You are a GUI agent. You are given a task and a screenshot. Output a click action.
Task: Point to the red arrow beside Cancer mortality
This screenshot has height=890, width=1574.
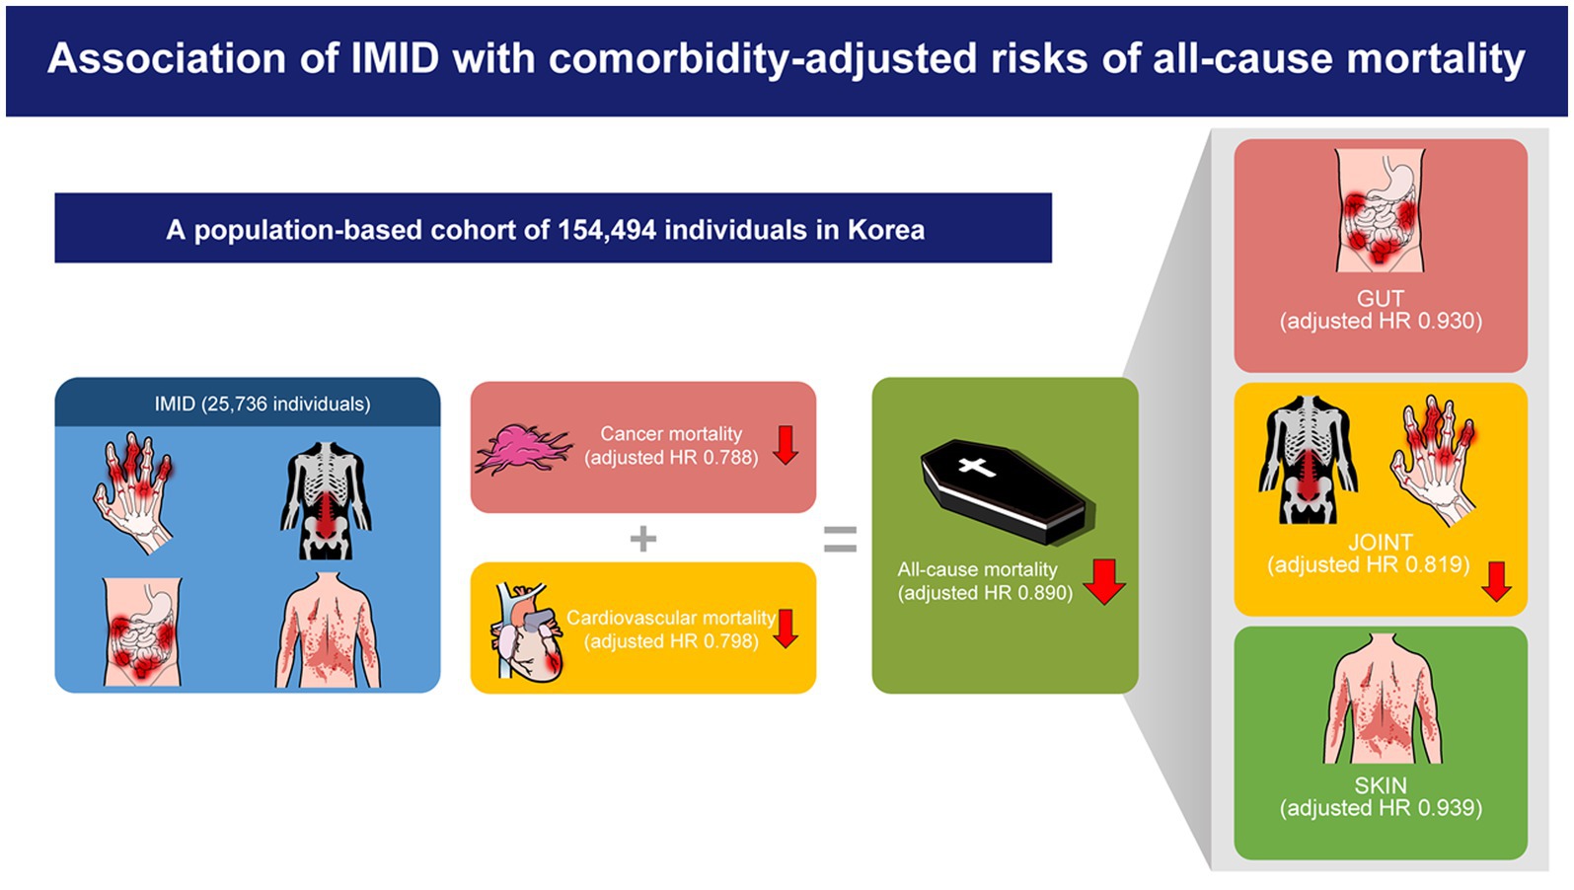[x=786, y=445]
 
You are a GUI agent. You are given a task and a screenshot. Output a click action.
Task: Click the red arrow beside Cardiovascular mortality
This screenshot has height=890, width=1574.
[x=786, y=629]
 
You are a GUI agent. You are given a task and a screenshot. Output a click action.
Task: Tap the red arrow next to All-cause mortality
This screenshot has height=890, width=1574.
[x=1104, y=581]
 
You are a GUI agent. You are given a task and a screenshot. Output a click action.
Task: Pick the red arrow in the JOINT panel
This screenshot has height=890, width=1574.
[x=1497, y=581]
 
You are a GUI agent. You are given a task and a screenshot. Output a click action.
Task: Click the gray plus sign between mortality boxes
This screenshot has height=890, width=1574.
[x=643, y=540]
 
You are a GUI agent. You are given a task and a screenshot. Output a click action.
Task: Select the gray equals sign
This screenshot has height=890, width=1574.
[x=841, y=540]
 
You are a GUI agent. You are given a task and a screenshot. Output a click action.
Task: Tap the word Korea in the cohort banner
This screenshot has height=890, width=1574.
[x=886, y=230]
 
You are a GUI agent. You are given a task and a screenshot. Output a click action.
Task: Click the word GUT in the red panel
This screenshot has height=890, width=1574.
[x=1380, y=299]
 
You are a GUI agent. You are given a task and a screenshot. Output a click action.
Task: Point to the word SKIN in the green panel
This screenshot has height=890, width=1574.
[x=1380, y=785]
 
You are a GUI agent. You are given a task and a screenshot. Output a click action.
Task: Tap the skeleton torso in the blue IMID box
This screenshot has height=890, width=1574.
[x=326, y=500]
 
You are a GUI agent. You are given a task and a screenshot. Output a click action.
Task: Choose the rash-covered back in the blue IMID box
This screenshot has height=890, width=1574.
[x=328, y=630]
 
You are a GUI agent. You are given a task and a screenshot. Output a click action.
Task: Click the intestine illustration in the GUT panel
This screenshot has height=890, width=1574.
[x=1380, y=210]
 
